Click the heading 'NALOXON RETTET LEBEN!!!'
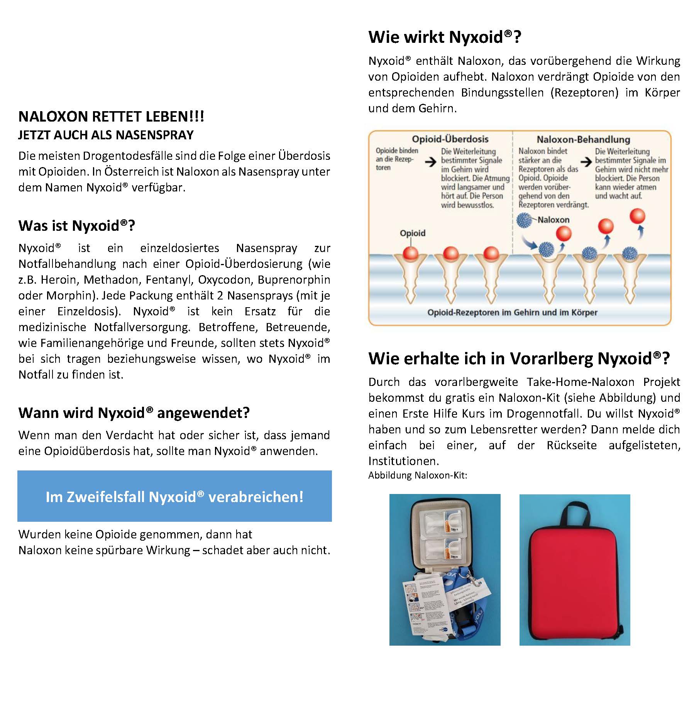click(x=111, y=117)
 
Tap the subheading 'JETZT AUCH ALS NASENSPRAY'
click(x=106, y=135)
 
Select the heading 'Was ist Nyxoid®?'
click(x=76, y=226)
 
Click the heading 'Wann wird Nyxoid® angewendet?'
click(x=134, y=413)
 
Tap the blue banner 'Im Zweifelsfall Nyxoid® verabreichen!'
click(x=174, y=496)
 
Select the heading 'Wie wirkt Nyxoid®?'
click(x=445, y=37)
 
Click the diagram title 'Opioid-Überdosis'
click(x=450, y=139)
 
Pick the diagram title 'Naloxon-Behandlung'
click(x=583, y=139)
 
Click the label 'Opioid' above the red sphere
click(x=412, y=233)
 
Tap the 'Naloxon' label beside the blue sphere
click(x=553, y=220)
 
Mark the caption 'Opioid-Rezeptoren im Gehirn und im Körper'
click(x=512, y=312)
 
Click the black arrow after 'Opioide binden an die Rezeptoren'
click(x=430, y=162)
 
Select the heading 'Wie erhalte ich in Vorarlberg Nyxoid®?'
click(x=519, y=359)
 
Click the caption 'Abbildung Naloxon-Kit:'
click(x=418, y=475)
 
